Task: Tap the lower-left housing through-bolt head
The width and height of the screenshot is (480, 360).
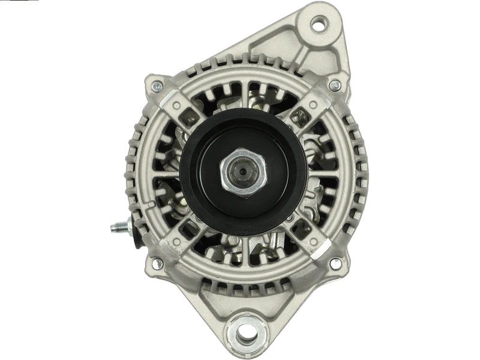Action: pyautogui.click(x=157, y=263)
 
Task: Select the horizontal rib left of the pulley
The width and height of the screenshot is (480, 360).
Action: pyautogui.click(x=159, y=174)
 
